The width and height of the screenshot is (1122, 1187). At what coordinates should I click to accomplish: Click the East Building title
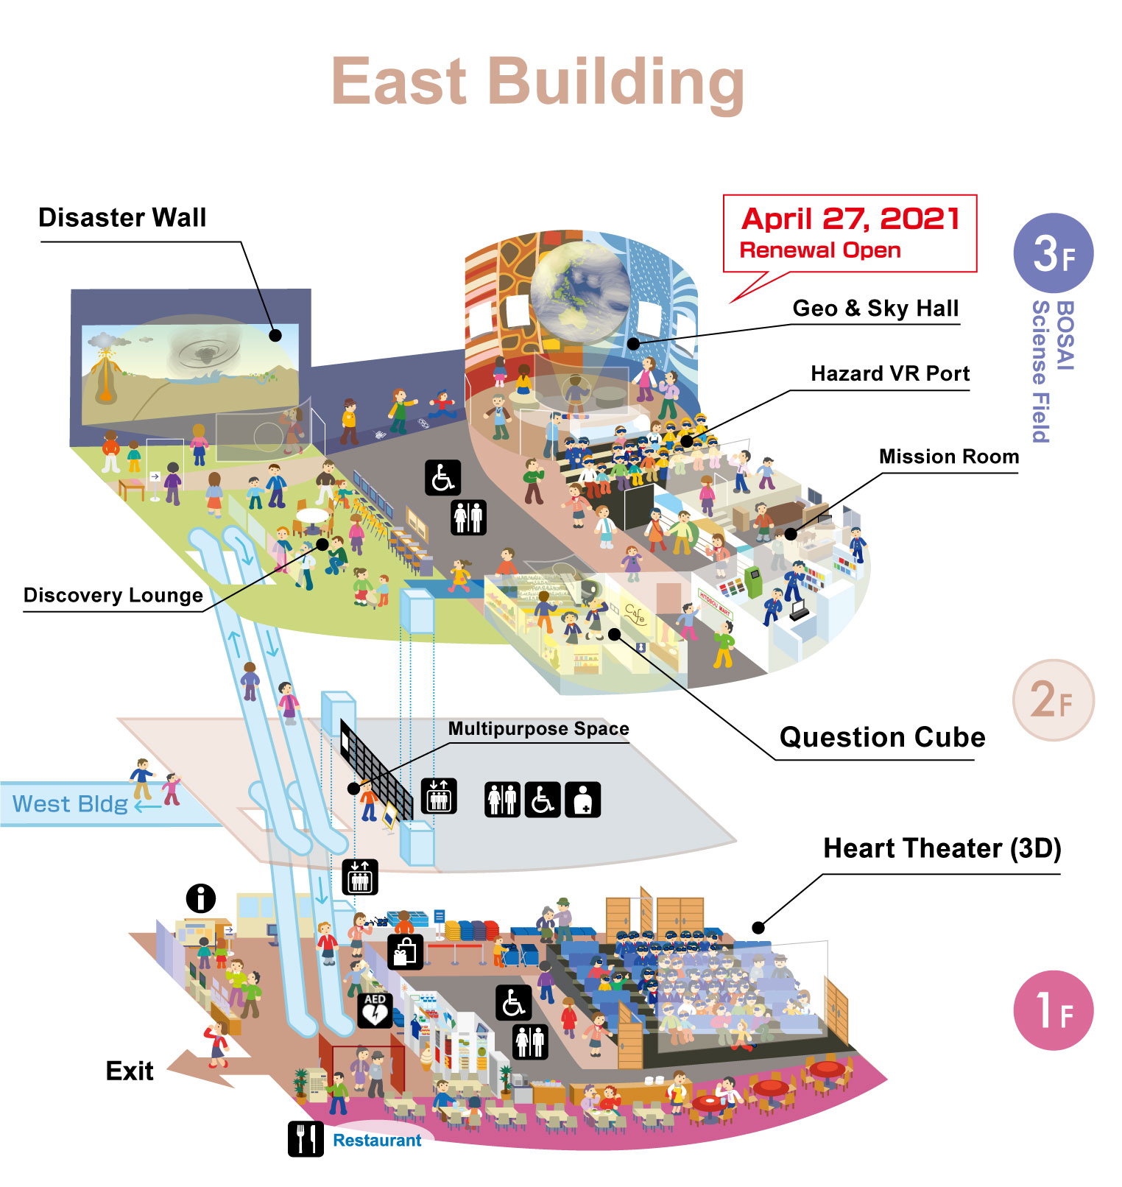coord(538,82)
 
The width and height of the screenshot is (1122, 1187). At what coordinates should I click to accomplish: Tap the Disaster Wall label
coord(122,218)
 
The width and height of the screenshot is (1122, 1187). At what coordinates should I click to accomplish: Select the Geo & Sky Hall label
coord(875,308)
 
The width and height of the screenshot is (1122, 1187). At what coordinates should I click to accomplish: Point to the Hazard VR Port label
coord(890,373)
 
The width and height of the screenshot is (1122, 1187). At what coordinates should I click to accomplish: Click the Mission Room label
coord(949,457)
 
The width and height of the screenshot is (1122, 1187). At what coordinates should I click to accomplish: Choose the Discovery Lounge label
coord(113,595)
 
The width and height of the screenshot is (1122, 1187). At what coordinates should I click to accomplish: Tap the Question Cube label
coord(882,737)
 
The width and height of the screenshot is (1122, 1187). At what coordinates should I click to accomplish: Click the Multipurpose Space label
coord(538,729)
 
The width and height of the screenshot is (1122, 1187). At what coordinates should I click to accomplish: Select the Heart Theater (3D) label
coord(942,848)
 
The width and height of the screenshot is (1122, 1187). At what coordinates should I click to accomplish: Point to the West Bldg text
coord(71,803)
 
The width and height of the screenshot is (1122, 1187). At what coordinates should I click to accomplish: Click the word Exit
coord(130,1071)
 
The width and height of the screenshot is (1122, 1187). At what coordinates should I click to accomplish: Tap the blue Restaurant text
coord(377,1140)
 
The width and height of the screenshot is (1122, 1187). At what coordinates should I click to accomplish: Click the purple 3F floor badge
coord(1054,253)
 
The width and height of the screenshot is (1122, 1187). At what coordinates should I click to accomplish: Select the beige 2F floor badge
coord(1054,700)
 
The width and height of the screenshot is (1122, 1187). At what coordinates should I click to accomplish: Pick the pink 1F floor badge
coord(1054,1010)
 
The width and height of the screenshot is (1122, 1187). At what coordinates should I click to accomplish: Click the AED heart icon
coord(375,1010)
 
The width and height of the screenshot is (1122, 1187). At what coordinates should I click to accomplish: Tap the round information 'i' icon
coord(201,898)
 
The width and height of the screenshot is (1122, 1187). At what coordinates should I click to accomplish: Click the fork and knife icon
coord(306,1138)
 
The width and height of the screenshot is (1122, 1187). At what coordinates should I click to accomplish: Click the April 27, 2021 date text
coord(850,219)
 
